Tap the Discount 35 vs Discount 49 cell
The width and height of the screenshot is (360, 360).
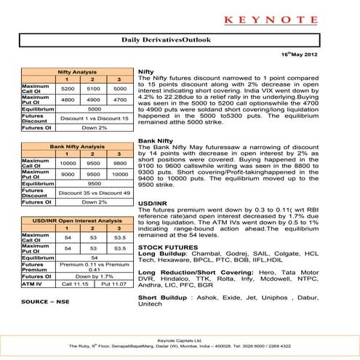click(94, 193)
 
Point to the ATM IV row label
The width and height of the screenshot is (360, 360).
click(31, 285)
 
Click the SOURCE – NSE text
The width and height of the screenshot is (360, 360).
click(44, 300)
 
